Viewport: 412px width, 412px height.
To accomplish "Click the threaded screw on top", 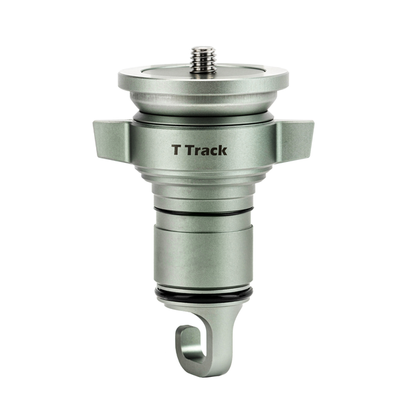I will coord(203,60).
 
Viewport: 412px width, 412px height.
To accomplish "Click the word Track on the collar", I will coord(208,149).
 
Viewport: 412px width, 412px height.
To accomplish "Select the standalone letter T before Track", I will coord(176,149).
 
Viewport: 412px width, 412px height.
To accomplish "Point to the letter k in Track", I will coord(221,149).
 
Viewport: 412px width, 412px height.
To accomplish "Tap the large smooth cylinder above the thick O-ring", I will coord(204,257).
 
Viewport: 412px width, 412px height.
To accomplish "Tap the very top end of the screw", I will coord(203,48).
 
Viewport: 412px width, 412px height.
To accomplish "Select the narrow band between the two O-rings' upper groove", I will coord(204,224).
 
